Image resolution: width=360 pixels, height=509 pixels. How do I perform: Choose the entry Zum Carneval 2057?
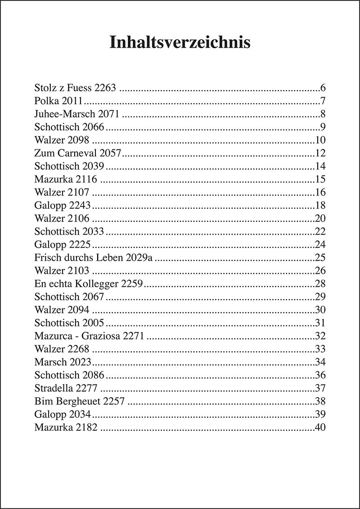pyautogui.click(x=78, y=153)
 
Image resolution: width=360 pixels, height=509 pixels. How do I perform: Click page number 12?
pyautogui.click(x=319, y=153)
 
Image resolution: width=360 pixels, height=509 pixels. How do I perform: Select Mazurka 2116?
pyautogui.click(x=66, y=179)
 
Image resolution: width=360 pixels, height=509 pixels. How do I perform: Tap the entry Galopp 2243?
pyautogui.click(x=63, y=205)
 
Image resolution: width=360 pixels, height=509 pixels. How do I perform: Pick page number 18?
pyautogui.click(x=319, y=205)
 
